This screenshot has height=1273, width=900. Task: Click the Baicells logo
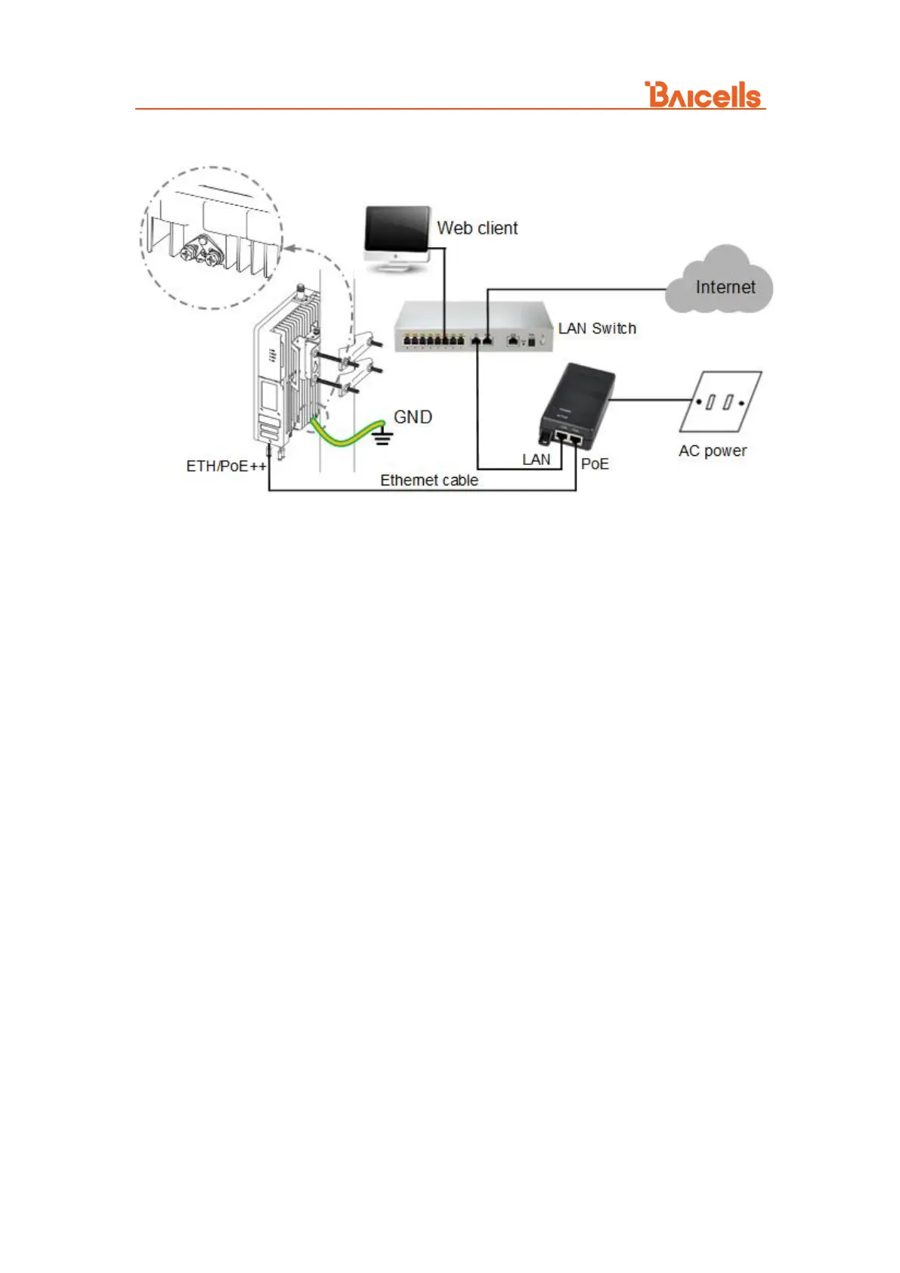point(703,95)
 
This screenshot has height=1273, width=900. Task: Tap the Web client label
point(477,228)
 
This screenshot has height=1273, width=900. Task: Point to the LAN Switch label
point(597,329)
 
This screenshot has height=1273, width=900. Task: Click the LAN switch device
point(473,327)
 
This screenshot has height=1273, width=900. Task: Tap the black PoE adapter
point(576,404)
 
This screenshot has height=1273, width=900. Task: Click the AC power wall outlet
point(720,401)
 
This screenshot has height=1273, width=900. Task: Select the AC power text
point(713,451)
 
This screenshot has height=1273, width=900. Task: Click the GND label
point(413,417)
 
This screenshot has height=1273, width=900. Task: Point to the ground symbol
point(382,436)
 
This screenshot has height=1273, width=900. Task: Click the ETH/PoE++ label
point(226,466)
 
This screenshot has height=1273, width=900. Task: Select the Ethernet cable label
point(428,481)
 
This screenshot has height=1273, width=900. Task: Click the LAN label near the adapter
point(536,460)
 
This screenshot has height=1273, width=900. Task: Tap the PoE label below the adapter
point(595,464)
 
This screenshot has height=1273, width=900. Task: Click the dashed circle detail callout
point(212,237)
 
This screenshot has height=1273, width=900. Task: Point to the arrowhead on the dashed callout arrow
point(287,248)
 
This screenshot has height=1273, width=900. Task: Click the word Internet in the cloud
point(725,287)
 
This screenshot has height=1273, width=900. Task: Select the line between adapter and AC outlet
point(650,400)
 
